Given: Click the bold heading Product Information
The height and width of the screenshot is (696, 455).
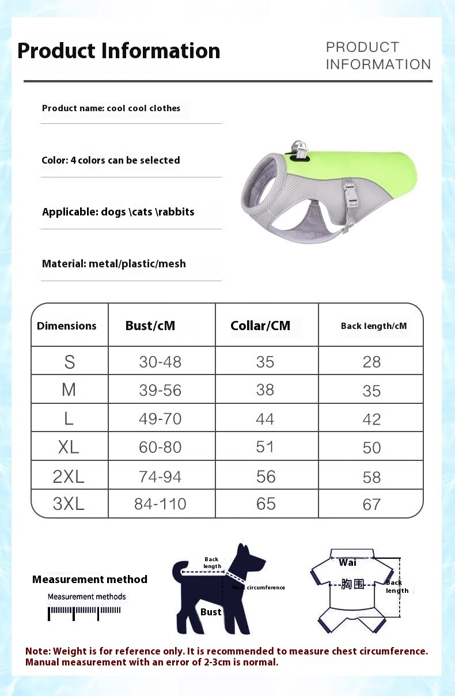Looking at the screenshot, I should (119, 51).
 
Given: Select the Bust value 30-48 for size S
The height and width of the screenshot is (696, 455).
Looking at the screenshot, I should (160, 362).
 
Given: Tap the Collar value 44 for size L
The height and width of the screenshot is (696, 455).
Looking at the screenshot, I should (265, 419).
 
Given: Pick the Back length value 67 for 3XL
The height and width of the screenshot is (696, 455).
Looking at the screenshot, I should (372, 505).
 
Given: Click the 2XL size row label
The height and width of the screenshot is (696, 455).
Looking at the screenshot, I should (69, 476).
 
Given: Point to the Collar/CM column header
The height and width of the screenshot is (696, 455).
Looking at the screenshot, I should (260, 326).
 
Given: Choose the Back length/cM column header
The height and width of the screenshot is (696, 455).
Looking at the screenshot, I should (373, 326).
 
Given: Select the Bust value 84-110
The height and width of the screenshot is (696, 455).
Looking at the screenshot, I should (160, 504).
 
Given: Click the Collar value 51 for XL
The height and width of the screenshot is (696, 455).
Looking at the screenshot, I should (265, 447).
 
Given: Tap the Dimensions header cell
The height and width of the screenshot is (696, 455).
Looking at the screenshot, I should (67, 326).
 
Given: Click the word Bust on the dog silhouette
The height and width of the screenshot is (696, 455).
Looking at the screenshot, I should (211, 612).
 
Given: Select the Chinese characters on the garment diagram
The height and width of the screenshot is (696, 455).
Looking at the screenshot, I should (352, 584).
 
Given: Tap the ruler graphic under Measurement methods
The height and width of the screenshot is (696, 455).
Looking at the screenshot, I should (85, 612).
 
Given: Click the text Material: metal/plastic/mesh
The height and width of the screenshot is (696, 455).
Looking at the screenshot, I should (114, 264).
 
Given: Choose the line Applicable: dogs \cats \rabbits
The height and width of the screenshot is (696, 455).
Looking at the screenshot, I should (118, 212).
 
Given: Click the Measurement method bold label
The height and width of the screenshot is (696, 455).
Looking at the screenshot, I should (90, 580).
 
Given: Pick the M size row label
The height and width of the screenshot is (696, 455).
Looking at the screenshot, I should (69, 390).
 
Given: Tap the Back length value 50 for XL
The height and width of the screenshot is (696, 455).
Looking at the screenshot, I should (372, 448).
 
